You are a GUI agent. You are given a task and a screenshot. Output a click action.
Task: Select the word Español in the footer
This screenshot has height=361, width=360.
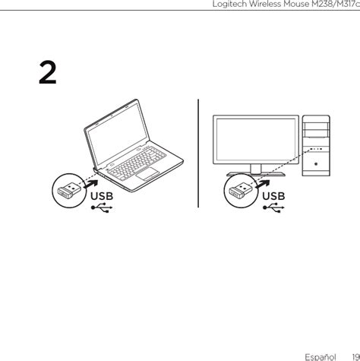321,355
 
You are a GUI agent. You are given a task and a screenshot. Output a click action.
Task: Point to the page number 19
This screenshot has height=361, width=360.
355,355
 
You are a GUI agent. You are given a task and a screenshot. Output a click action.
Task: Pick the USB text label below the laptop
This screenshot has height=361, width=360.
102,197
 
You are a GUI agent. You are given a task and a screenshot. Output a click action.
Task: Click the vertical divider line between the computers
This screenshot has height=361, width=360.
198,152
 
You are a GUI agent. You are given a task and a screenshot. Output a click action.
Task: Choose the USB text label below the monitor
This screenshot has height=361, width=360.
274,197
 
